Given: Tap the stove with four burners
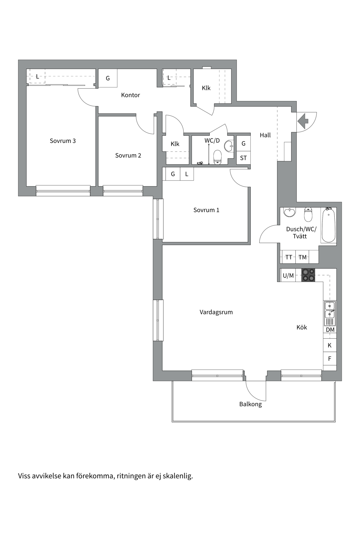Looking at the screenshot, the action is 308,275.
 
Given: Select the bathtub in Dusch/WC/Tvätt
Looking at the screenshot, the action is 328,225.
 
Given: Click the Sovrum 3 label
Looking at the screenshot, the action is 63,141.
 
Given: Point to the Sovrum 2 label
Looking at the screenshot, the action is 128,156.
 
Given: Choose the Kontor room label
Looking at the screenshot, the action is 130,95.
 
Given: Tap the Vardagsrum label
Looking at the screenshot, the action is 216,312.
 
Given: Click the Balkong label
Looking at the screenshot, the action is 251,404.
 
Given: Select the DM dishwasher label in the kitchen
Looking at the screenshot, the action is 330,330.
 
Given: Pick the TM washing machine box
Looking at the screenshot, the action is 303,257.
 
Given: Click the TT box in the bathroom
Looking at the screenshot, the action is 289,257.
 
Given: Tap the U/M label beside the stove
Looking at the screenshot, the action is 288,276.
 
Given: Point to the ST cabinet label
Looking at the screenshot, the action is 243,158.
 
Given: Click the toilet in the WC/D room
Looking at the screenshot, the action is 218,157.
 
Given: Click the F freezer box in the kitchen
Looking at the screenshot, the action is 330,359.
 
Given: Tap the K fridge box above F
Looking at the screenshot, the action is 330,345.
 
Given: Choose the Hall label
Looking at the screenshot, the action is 265,135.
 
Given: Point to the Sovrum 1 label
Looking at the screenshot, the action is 206,210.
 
